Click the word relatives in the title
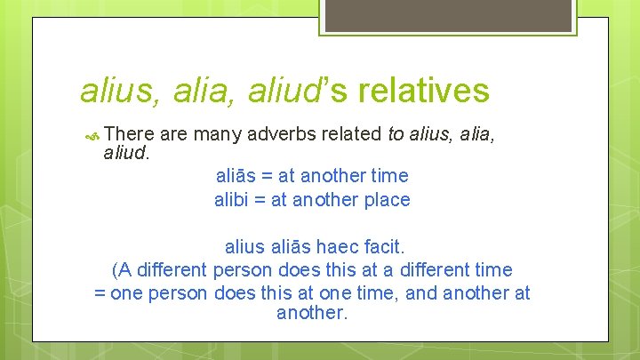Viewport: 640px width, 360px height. tap(423, 90)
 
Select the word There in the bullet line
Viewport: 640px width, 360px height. tap(130, 134)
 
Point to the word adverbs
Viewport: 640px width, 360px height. tap(285, 134)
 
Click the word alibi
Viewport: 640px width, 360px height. tap(234, 200)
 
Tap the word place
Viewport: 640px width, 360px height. tap(388, 201)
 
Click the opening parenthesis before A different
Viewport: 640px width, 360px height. tap(116, 269)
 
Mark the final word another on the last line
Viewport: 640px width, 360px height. tap(311, 314)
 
